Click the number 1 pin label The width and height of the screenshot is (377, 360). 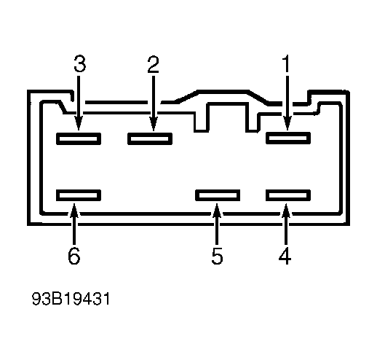[287, 63]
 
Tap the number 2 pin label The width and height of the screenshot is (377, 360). [154, 64]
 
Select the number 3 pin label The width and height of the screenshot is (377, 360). [80, 63]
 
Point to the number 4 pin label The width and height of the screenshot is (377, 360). [285, 256]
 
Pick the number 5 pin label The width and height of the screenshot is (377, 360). [217, 256]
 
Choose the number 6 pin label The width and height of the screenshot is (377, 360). [74, 256]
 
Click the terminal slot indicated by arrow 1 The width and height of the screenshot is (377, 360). [288, 138]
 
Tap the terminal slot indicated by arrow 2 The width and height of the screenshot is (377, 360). [150, 138]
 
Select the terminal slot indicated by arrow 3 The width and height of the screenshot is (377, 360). [79, 138]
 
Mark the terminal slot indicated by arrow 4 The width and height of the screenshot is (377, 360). [288, 195]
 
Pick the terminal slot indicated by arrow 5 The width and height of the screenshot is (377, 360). [218, 195]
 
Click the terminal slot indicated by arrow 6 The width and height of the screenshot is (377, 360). [79, 195]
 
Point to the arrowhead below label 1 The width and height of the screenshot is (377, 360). [287, 123]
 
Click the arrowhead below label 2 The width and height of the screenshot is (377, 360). [154, 124]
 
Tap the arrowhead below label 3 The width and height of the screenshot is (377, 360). [79, 123]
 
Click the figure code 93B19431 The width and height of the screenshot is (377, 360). [71, 299]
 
